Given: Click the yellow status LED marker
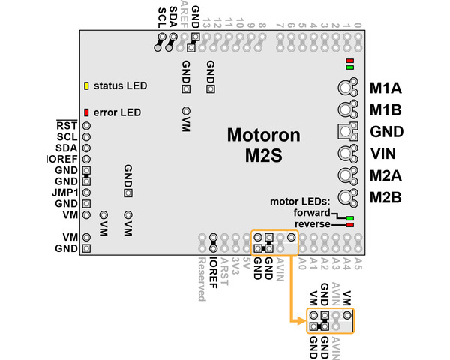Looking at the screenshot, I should tap(86, 85).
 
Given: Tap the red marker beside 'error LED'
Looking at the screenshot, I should tap(86, 112).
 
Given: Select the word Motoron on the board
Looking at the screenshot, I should tap(263, 136).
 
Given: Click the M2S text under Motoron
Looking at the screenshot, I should tap(263, 157).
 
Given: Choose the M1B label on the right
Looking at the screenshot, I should tap(386, 109).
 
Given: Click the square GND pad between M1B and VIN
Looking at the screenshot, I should tap(345, 131).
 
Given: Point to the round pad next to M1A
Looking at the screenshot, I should tap(345, 87).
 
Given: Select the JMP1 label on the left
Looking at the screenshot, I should tap(67, 192).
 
